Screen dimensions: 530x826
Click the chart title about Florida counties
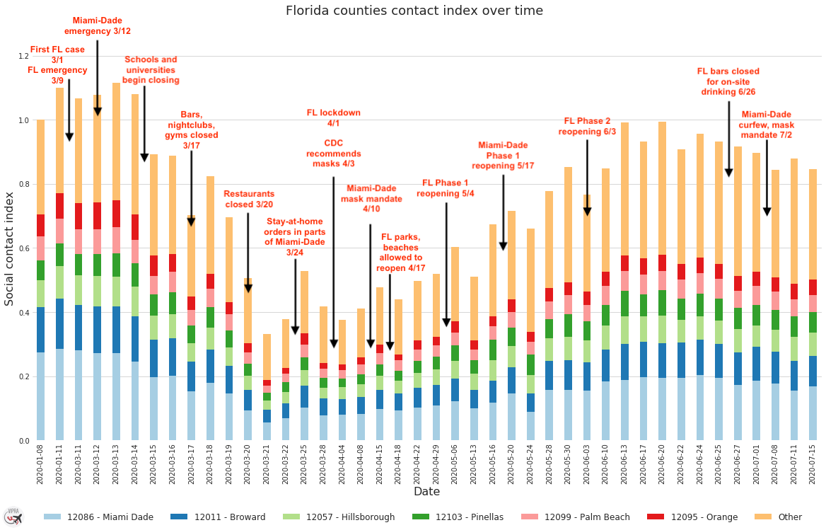pyautogui.click(x=414, y=11)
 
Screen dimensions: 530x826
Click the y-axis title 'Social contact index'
pyautogui.click(x=9, y=248)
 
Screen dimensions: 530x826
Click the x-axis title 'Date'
pyautogui.click(x=426, y=491)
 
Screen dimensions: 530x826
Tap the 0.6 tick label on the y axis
pyautogui.click(x=23, y=248)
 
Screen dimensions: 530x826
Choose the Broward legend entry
pyautogui.click(x=226, y=517)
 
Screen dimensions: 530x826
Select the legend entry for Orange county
pyautogui.click(x=704, y=517)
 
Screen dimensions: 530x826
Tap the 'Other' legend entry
pyautogui.click(x=789, y=517)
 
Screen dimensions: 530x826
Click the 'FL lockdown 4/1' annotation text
pyautogui.click(x=334, y=118)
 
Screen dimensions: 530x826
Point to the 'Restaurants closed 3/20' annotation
pyautogui.click(x=249, y=199)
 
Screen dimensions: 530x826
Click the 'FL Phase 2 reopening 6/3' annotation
pyautogui.click(x=587, y=126)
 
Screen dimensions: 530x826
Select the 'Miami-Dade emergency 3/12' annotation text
pyautogui.click(x=98, y=25)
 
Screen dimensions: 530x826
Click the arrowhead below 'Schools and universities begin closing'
pyautogui.click(x=144, y=157)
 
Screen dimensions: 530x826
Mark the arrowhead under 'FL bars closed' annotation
pyautogui.click(x=728, y=172)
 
